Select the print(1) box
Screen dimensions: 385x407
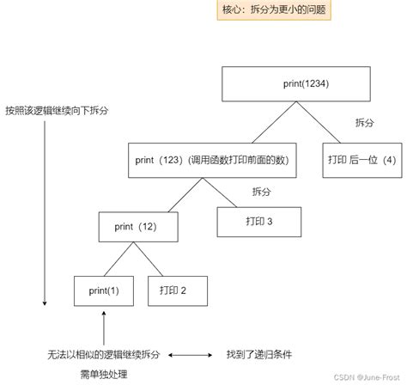click(x=103, y=290)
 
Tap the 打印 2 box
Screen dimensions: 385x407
click(x=179, y=290)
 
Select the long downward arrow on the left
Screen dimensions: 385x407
click(x=44, y=215)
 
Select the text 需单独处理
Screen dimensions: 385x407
click(x=103, y=374)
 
